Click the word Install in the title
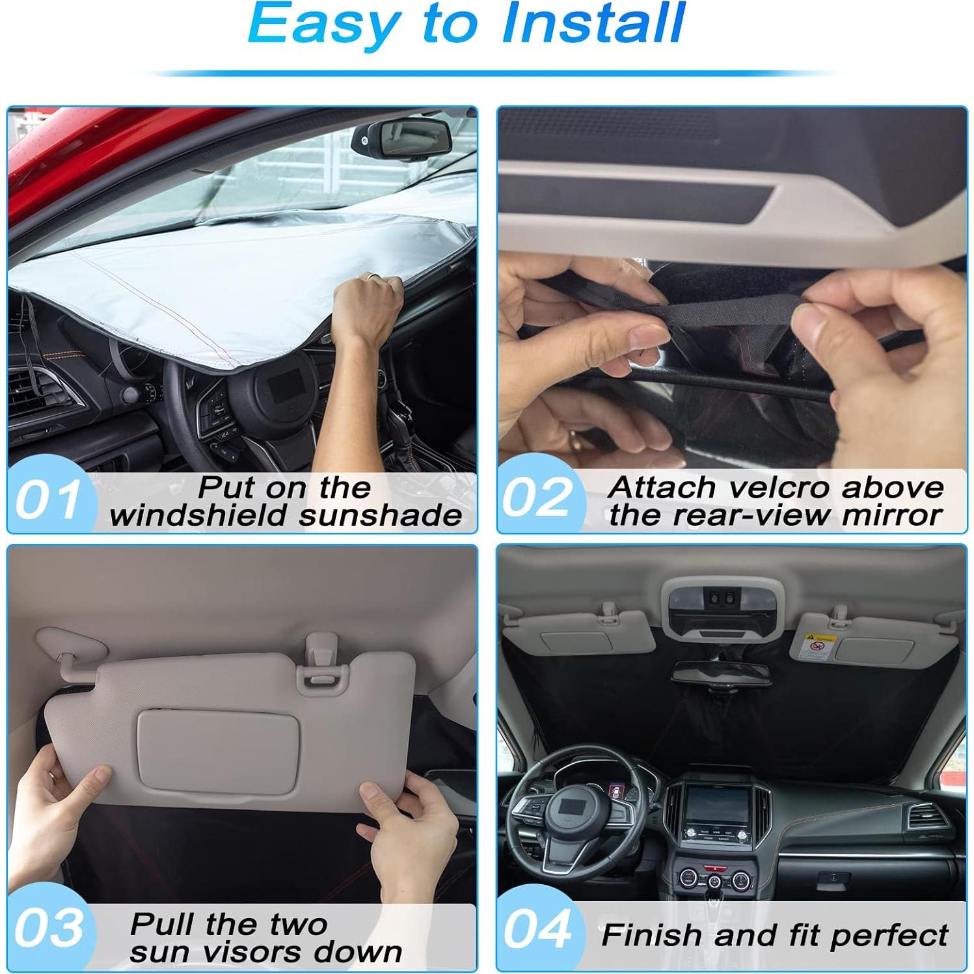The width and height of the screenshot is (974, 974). (x=593, y=23)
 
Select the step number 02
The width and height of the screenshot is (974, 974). (x=537, y=498)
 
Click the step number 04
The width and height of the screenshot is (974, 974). (x=537, y=929)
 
